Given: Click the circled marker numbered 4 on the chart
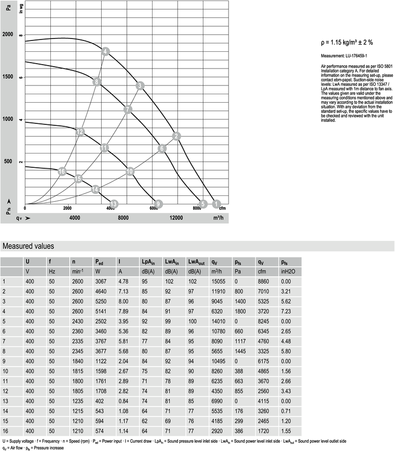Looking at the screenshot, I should coord(105,51).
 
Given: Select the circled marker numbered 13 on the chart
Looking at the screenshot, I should coord(114,204).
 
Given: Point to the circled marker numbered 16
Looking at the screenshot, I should coord(62,171).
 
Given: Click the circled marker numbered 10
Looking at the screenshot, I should coord(130,171).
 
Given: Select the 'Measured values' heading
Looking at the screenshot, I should coord(29,246).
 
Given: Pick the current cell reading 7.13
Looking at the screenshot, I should coord(123,291).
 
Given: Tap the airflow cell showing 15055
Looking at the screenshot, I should coord(219,281).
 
